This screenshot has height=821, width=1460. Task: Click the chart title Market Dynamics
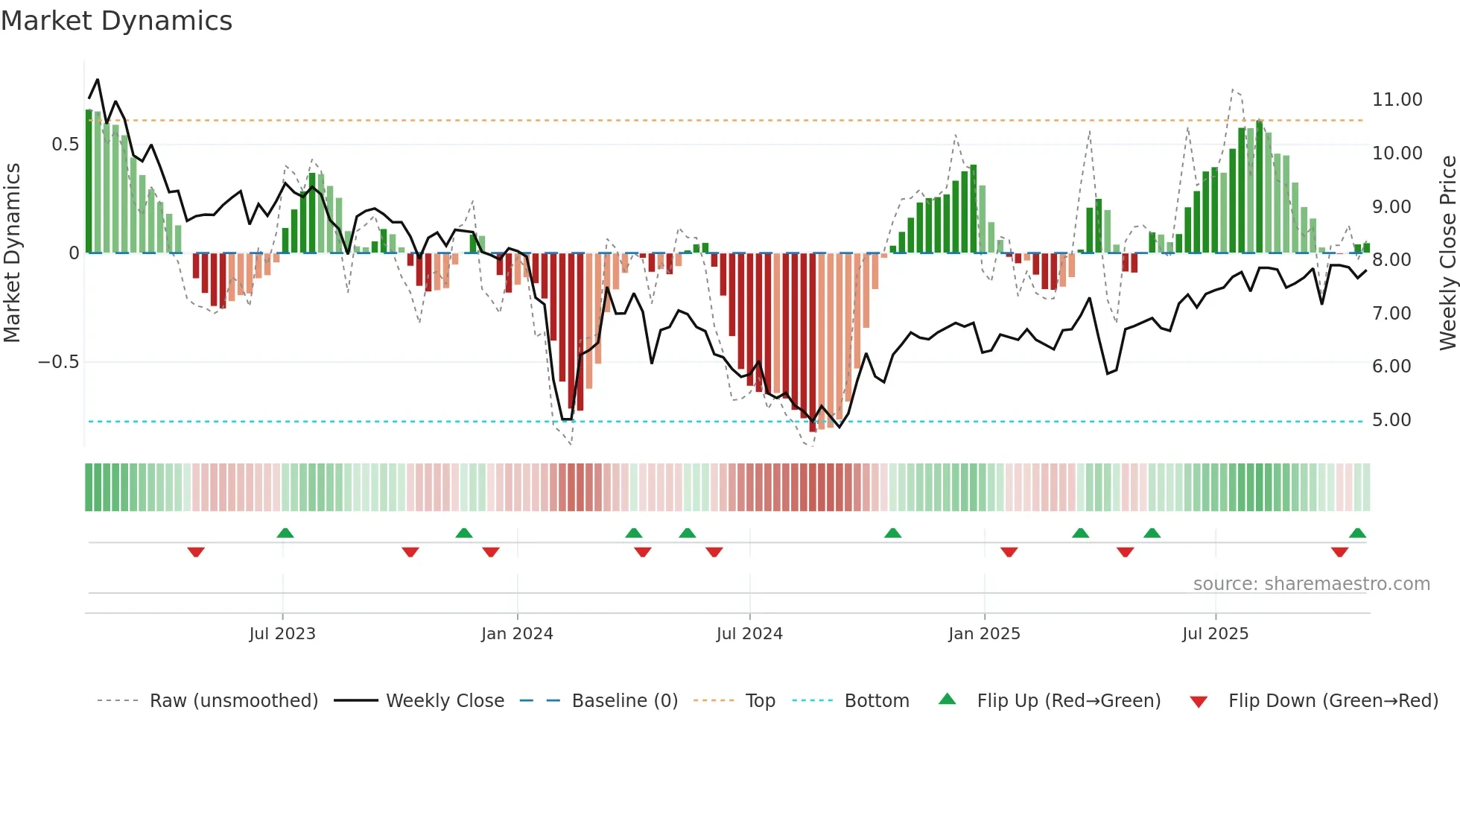pos(116,21)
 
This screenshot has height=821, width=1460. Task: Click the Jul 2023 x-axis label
pos(282,634)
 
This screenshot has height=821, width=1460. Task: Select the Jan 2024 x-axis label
pos(517,634)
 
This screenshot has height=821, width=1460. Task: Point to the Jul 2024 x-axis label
pos(749,634)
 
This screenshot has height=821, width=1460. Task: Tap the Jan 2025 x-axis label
pos(984,634)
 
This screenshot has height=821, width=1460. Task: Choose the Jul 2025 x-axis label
pos(1215,634)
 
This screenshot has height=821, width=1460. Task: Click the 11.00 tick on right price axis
pos(1397,100)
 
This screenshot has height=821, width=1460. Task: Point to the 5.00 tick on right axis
pos(1391,420)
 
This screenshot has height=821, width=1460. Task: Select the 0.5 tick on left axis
pos(65,145)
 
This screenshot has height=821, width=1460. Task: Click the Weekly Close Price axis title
pos(1447,253)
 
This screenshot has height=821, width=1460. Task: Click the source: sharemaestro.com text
pos(1311,584)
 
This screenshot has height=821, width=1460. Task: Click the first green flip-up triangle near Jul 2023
pos(285,533)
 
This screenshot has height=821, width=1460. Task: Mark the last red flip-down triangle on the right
pos(1339,552)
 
